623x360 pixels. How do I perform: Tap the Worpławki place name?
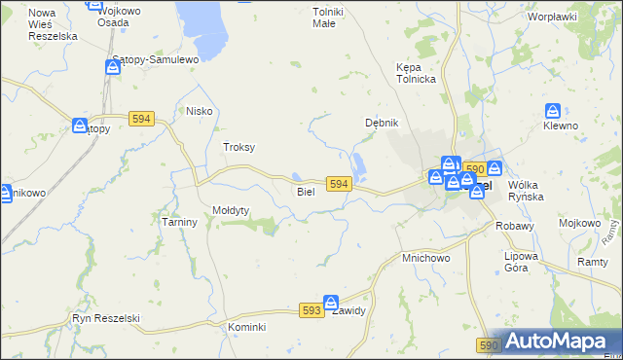point(552,17)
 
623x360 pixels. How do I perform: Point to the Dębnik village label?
point(383,123)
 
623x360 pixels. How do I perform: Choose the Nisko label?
point(200,112)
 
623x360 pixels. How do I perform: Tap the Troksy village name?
point(239,147)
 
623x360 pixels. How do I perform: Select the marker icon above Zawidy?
point(331,303)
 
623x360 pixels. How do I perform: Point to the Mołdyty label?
point(232,210)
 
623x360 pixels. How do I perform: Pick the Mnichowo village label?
point(425,259)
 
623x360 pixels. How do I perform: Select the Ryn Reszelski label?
point(107,318)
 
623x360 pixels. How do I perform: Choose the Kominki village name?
point(247,327)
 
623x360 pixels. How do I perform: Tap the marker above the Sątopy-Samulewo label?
point(113,67)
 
